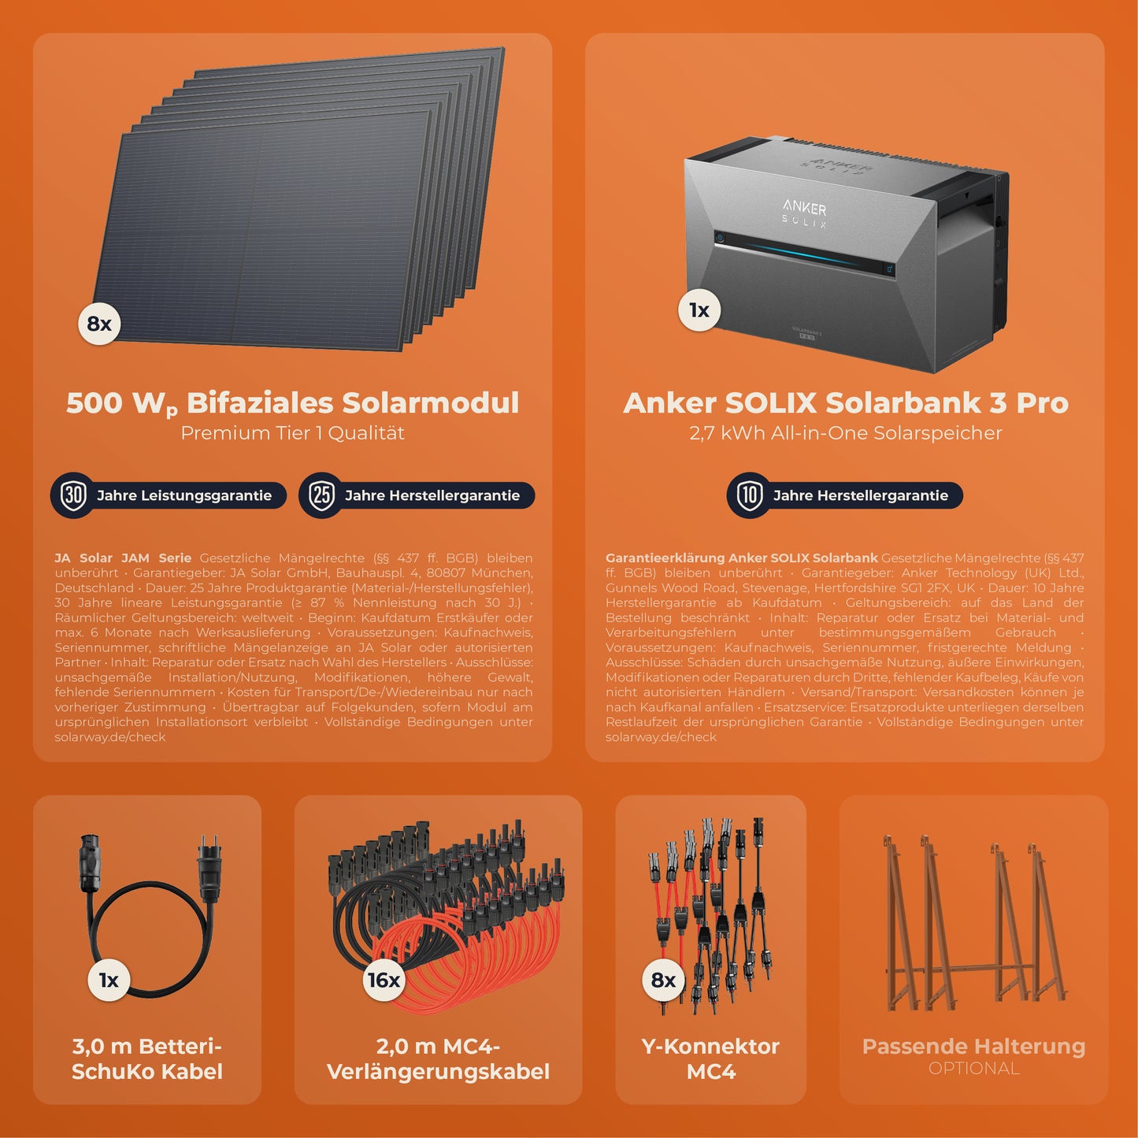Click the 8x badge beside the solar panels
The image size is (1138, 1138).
tap(99, 324)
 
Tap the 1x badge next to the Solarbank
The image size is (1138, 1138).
tap(699, 310)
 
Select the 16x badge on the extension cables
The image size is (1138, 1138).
tap(384, 980)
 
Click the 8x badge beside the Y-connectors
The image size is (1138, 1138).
tap(663, 980)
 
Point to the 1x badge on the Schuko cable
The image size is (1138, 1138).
tap(109, 980)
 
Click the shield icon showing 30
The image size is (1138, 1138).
tap(73, 495)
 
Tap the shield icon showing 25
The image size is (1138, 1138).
tap(322, 495)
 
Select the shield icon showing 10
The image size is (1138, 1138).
tap(750, 495)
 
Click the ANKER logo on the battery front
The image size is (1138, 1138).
tap(804, 207)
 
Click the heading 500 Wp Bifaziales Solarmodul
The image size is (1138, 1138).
tap(292, 403)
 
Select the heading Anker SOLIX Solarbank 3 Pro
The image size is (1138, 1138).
tap(846, 402)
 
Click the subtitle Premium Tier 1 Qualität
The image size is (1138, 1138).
tap(292, 433)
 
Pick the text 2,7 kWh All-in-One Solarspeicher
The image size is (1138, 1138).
tap(846, 433)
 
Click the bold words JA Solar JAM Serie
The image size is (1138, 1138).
tap(123, 558)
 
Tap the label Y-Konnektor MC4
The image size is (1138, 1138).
tap(710, 1059)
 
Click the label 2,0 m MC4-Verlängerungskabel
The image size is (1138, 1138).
tap(438, 1059)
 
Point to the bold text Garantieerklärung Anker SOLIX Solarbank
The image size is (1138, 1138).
tap(742, 558)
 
